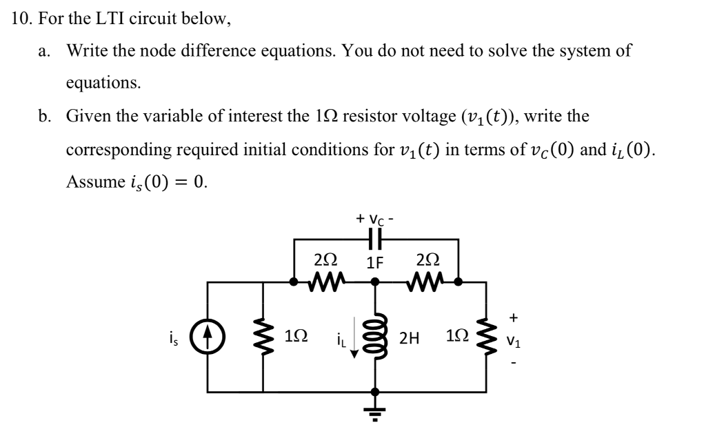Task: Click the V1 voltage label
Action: (514, 339)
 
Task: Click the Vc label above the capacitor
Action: (376, 219)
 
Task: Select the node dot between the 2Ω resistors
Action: (375, 282)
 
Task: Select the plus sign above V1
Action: (513, 317)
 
